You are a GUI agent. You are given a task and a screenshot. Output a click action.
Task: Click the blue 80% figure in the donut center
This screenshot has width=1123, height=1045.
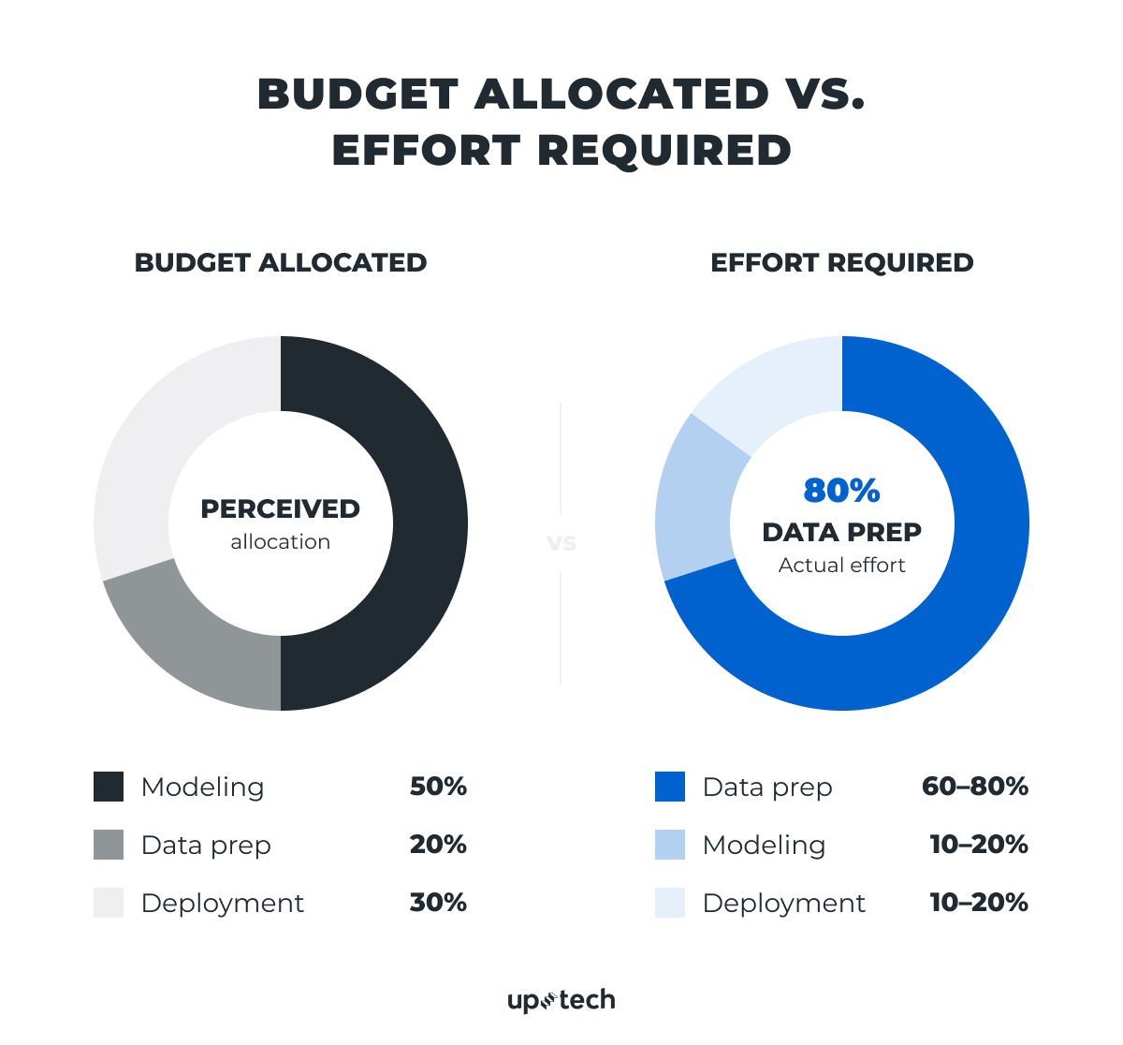click(841, 491)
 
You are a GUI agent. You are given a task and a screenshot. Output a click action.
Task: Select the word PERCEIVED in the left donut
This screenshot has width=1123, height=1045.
click(280, 509)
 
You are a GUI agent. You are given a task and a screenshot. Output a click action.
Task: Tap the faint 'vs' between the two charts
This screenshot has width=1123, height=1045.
click(561, 543)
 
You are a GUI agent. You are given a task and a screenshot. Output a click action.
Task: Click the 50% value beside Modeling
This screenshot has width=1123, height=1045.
click(438, 787)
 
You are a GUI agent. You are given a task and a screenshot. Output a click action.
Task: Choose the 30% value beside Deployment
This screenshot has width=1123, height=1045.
click(438, 903)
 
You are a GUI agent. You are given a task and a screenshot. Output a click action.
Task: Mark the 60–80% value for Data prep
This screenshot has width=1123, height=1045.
click(974, 787)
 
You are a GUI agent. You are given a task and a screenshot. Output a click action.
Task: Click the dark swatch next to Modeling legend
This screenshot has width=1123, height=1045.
click(109, 787)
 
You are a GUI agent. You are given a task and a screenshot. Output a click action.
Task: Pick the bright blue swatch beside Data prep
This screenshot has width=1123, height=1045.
click(670, 787)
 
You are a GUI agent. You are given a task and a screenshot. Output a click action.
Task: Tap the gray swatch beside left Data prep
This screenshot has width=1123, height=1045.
click(109, 845)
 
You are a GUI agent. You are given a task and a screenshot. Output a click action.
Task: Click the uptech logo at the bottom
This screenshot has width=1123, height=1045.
click(561, 1000)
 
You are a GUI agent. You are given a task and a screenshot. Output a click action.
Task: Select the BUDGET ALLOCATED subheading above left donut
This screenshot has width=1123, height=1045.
click(280, 263)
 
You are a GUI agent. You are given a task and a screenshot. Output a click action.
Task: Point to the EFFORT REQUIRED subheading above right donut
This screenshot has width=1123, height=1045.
click(841, 263)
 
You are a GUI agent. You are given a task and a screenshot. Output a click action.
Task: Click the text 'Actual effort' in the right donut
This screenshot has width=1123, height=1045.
click(841, 566)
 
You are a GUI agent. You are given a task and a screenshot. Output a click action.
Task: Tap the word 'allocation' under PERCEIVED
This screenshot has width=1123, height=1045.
click(280, 542)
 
